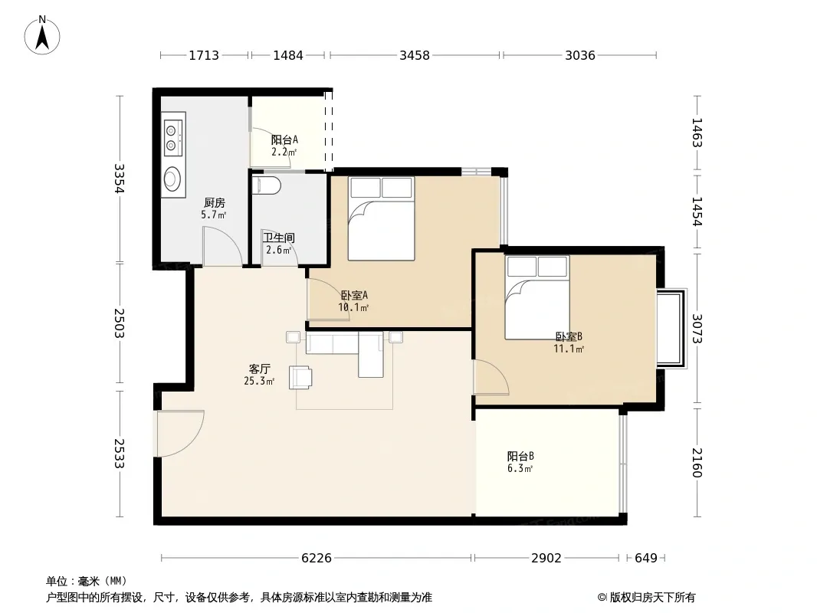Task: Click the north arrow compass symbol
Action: pyautogui.click(x=42, y=35)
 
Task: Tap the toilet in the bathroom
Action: pyautogui.click(x=266, y=185)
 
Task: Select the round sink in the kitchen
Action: pyautogui.click(x=172, y=179)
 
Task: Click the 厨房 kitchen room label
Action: pyautogui.click(x=214, y=202)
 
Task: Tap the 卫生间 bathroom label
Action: pyautogui.click(x=279, y=238)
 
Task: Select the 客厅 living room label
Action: pyautogui.click(x=259, y=369)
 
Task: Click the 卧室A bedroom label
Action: pyautogui.click(x=354, y=295)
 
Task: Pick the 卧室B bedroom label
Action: pyautogui.click(x=569, y=336)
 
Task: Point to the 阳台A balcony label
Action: pyautogui.click(x=284, y=139)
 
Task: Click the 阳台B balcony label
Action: pyautogui.click(x=520, y=456)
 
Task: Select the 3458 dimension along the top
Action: pyautogui.click(x=415, y=55)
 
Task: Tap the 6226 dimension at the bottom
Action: pyautogui.click(x=317, y=558)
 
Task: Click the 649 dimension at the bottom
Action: pyautogui.click(x=646, y=558)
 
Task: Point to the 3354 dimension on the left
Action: pyautogui.click(x=120, y=179)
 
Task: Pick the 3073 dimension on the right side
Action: pyautogui.click(x=697, y=329)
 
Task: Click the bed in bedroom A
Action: pyautogui.click(x=382, y=218)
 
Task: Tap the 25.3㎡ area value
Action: pyautogui.click(x=259, y=382)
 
